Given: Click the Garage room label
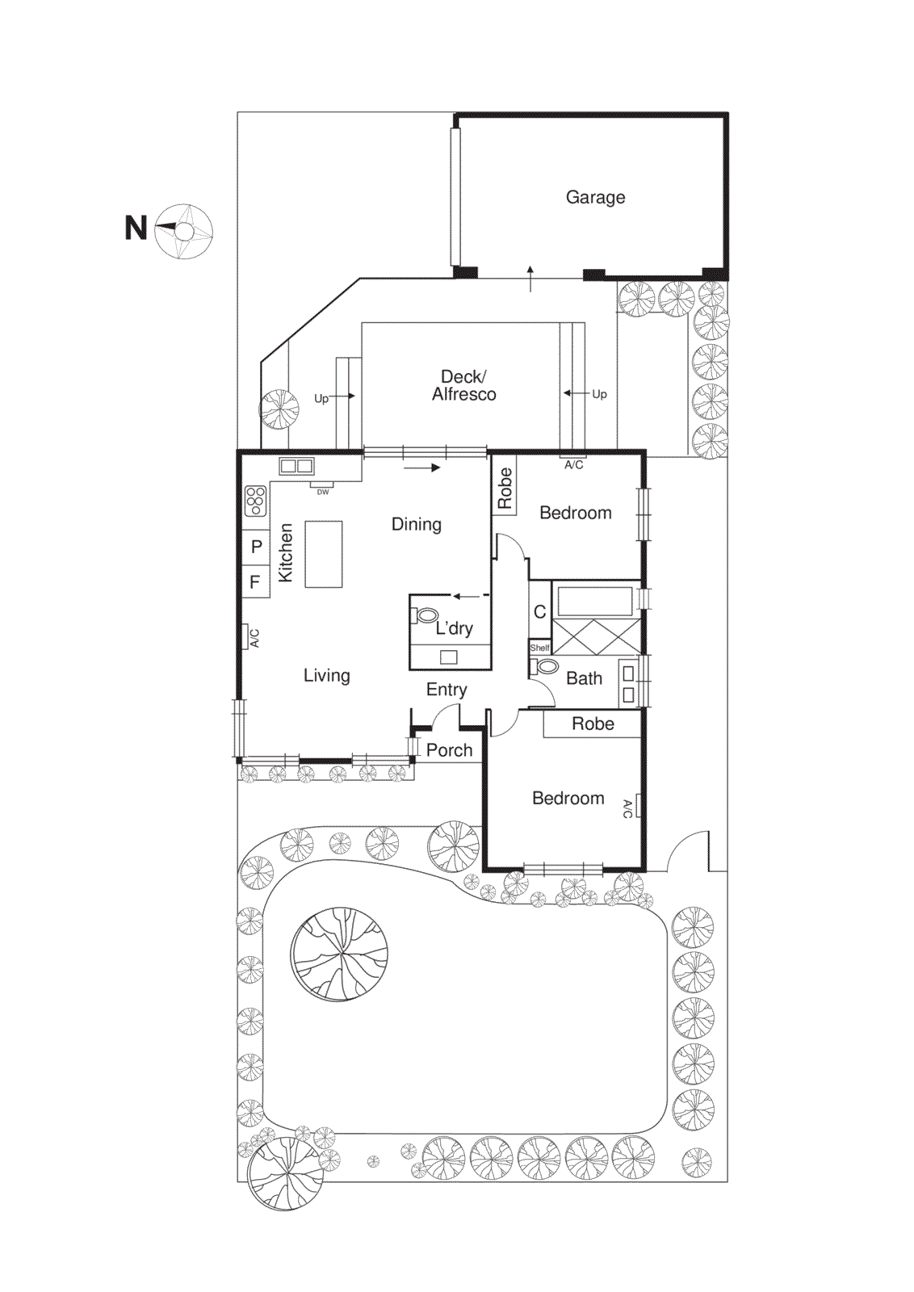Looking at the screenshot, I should pos(595,197).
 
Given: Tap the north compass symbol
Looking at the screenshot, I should pos(184,232).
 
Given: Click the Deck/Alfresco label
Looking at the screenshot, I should pos(463,385).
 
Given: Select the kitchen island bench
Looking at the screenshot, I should pos(324,554).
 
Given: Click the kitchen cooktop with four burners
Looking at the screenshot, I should pos(255,501).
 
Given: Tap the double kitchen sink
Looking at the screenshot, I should pos(296,466).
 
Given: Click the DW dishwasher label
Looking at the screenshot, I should pos(322,491).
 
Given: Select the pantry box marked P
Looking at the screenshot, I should pos(256,547).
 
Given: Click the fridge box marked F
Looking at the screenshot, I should pos(255,581).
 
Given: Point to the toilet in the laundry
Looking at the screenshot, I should pos(426,615).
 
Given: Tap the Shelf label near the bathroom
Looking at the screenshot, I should pos(539,648).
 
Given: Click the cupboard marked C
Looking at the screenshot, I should pos(540,612).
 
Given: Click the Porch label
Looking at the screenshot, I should pos(449,750).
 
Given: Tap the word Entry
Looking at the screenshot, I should pos(447,690).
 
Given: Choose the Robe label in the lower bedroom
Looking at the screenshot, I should pos(593,724).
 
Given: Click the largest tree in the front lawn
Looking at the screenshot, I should pos(339,954).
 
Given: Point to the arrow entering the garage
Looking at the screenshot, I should pos(530,278).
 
